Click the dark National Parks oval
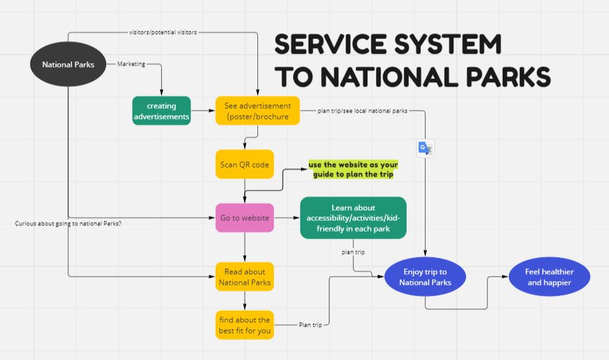click(68, 65)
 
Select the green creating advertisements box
click(161, 111)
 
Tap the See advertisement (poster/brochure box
click(257, 111)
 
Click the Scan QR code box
click(245, 164)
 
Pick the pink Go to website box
click(245, 218)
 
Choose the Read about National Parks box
click(245, 277)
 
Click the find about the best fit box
click(245, 325)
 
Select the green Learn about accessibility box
click(353, 218)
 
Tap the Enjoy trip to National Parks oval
click(425, 277)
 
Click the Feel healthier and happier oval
click(550, 276)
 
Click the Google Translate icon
click(424, 149)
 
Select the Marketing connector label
click(131, 64)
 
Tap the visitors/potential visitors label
click(163, 32)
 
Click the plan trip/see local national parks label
click(362, 111)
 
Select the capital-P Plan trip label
click(310, 325)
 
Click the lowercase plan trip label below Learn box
click(354, 252)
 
